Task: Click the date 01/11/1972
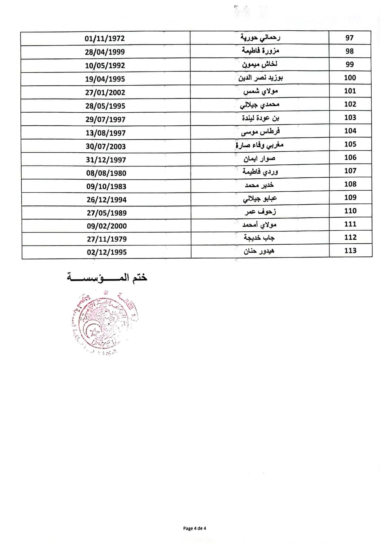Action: click(x=105, y=39)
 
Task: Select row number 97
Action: click(x=349, y=38)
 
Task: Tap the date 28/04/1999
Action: click(x=105, y=52)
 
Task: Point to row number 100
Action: click(x=350, y=78)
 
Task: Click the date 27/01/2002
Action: click(x=105, y=93)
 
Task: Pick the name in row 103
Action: click(x=260, y=118)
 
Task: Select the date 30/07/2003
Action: click(x=106, y=146)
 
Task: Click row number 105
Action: click(x=350, y=144)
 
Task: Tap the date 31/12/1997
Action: click(x=106, y=160)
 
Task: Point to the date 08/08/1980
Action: click(x=106, y=173)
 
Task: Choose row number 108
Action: click(x=350, y=184)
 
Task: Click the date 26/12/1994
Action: click(x=107, y=200)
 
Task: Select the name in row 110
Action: click(x=260, y=212)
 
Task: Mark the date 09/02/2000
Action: click(x=107, y=226)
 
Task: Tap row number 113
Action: click(x=351, y=251)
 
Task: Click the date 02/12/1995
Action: click(x=107, y=252)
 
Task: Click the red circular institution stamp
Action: click(x=104, y=322)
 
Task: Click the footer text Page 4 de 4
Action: click(x=194, y=528)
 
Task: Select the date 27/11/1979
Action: click(x=107, y=239)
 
